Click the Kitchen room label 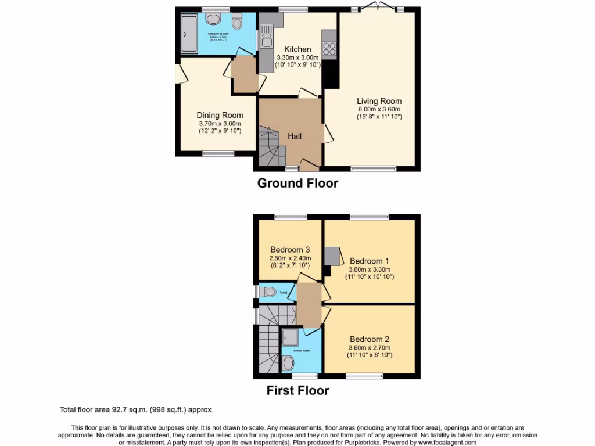297,49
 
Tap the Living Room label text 379,101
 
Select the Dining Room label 220,115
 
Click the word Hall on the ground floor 295,136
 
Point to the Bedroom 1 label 366,261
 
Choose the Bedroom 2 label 369,339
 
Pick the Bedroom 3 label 290,250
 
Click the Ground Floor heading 297,184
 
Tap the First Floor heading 297,391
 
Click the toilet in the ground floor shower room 236,23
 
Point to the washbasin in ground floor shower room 213,19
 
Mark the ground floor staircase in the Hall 272,148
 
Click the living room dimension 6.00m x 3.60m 379,109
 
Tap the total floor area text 139,409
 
